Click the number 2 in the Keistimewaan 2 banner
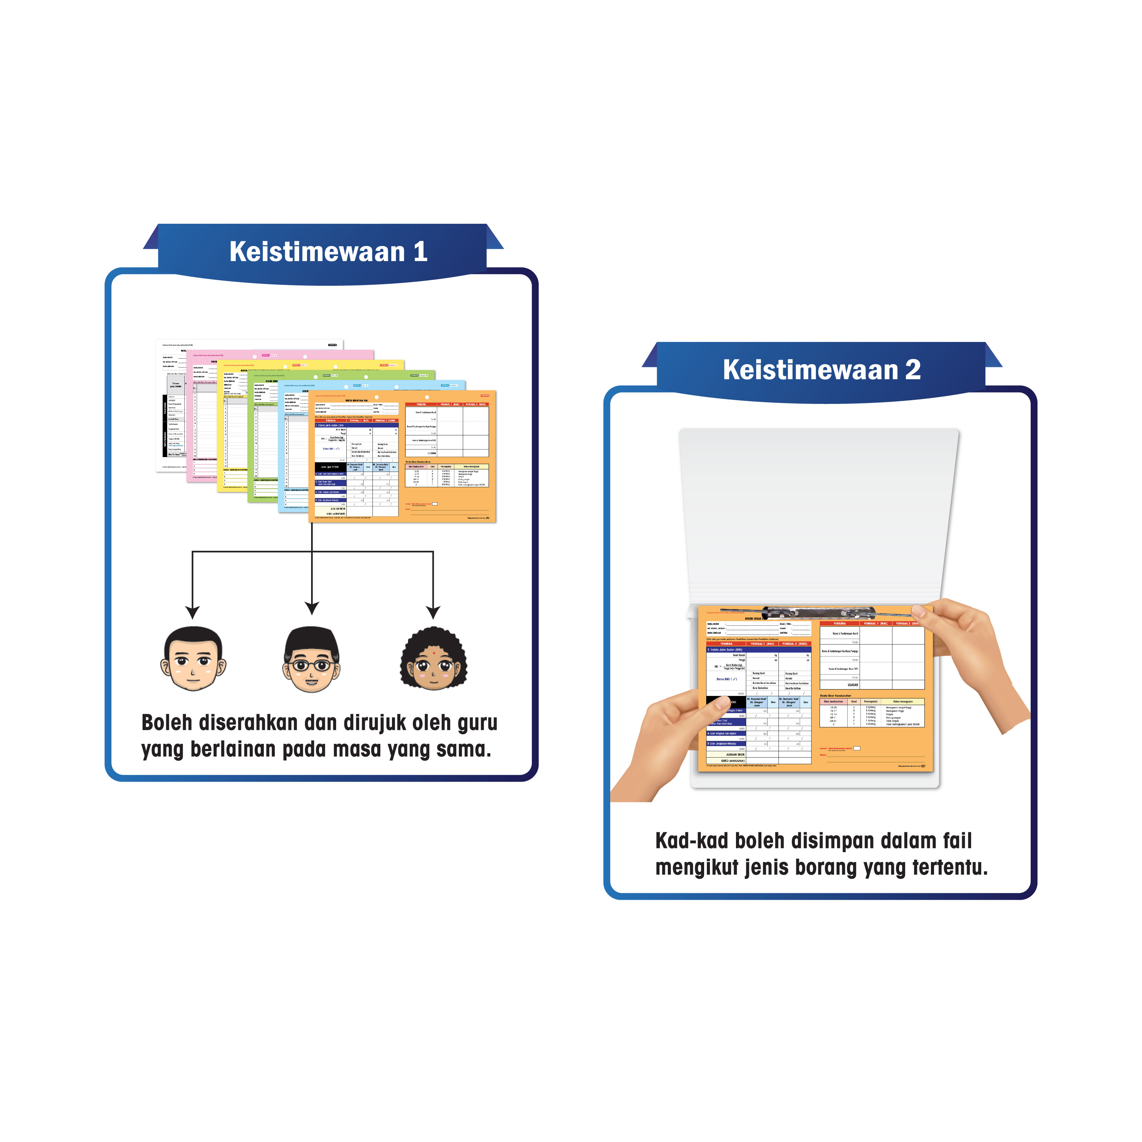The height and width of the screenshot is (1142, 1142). [x=913, y=370]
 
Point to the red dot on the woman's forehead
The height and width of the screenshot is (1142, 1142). [x=434, y=653]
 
